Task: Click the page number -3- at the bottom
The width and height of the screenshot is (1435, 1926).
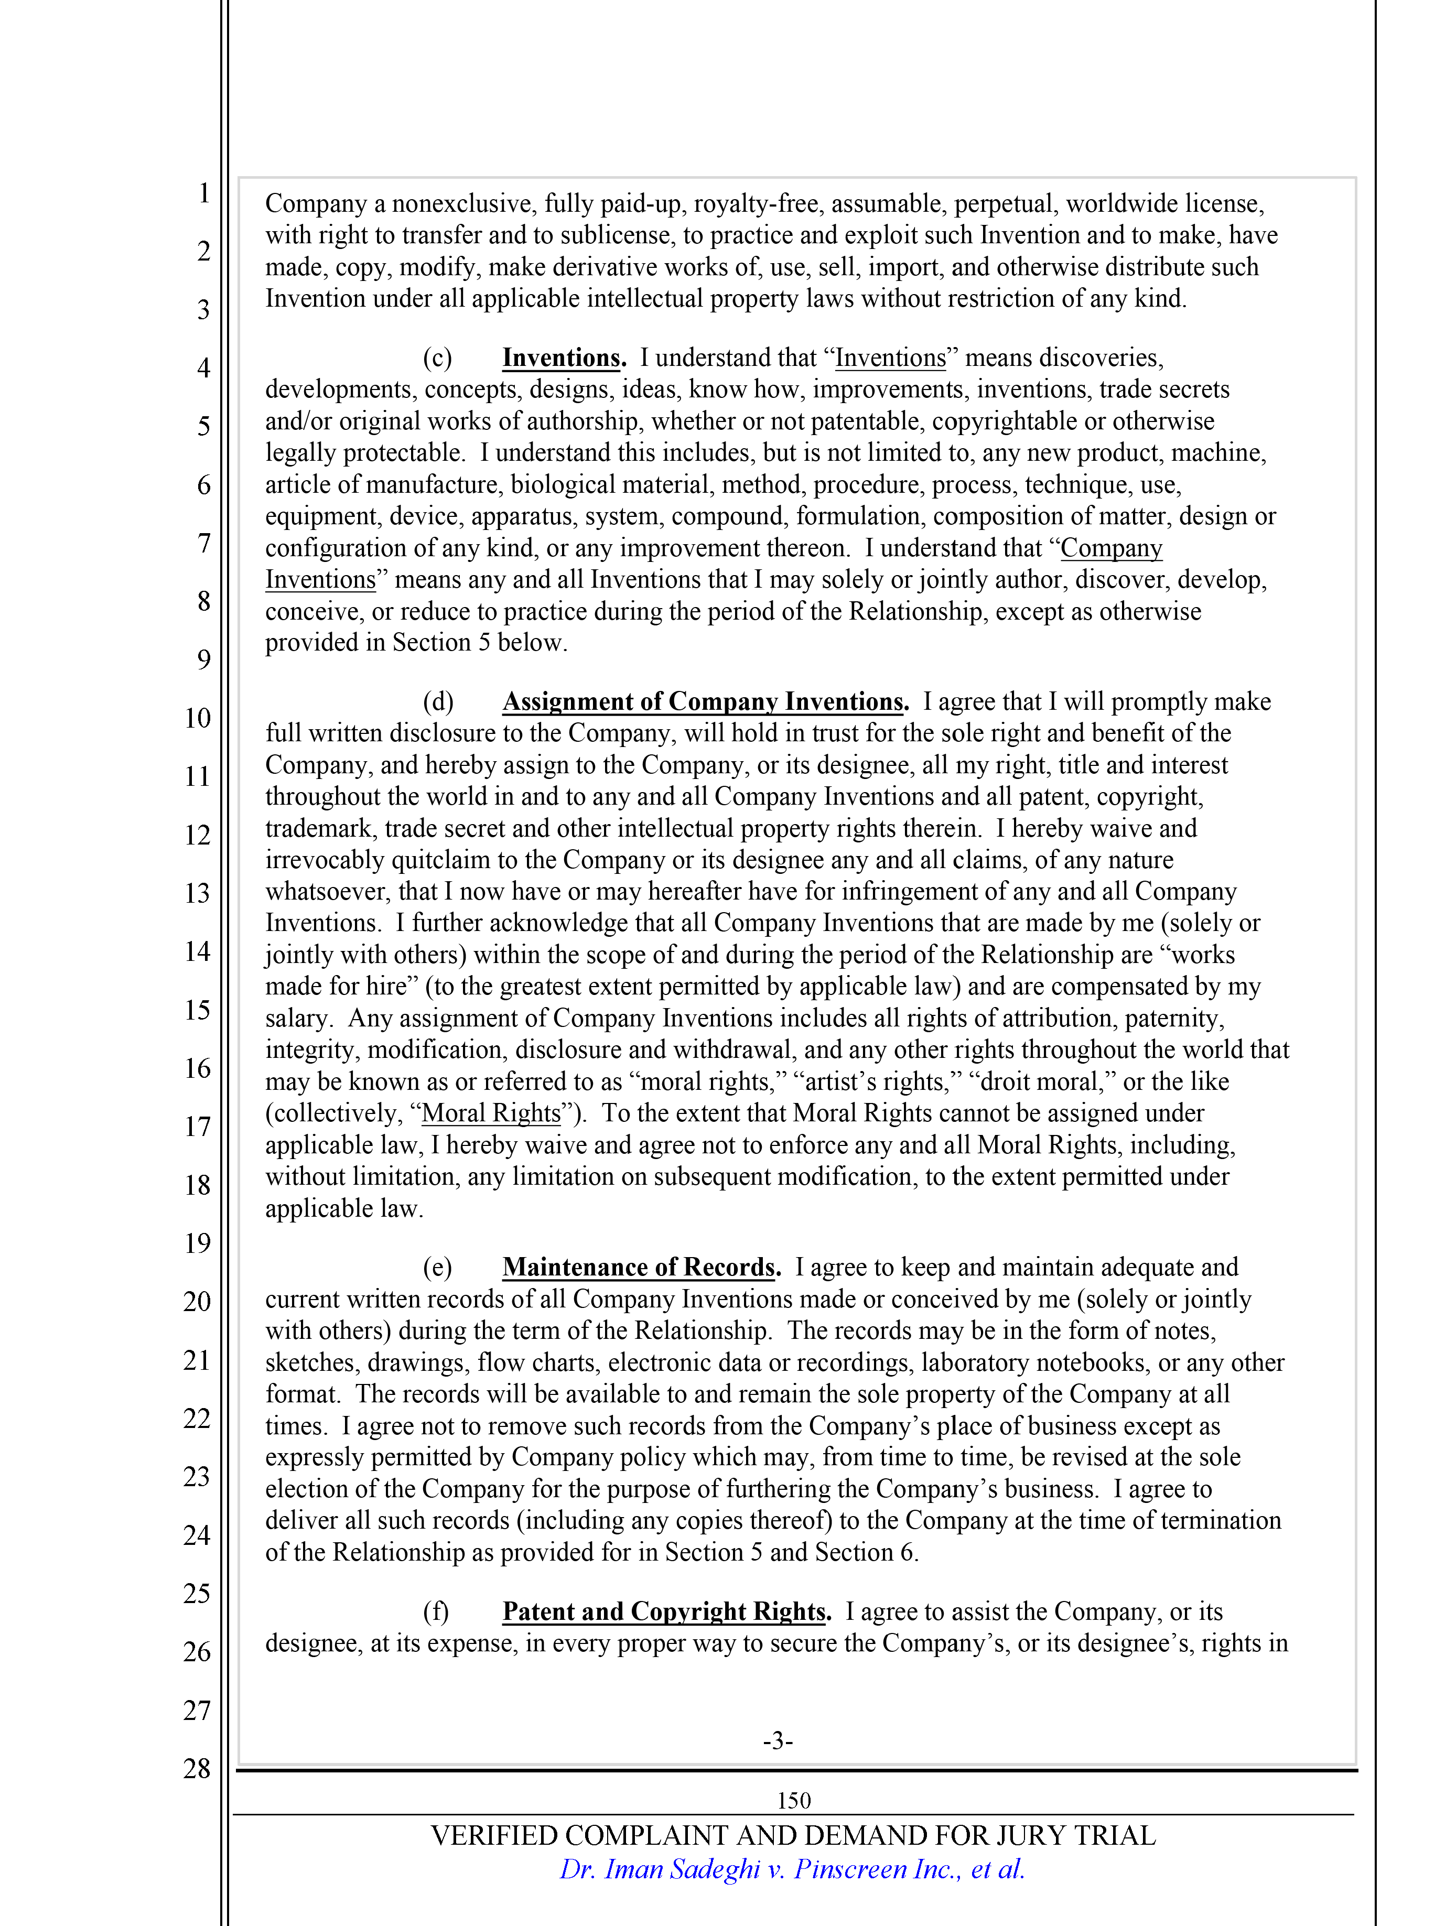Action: pyautogui.click(x=778, y=1740)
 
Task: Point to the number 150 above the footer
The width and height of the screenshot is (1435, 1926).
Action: pyautogui.click(x=794, y=1800)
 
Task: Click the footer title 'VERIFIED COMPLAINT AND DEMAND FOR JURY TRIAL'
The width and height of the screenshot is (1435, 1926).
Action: pyautogui.click(x=793, y=1836)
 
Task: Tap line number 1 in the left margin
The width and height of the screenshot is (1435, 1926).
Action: pyautogui.click(x=204, y=193)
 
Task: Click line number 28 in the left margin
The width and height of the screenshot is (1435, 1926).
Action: pyautogui.click(x=197, y=1768)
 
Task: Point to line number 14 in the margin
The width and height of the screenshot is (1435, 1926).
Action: pyautogui.click(x=197, y=951)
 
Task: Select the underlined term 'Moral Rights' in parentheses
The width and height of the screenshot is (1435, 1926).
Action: pyautogui.click(x=492, y=1113)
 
